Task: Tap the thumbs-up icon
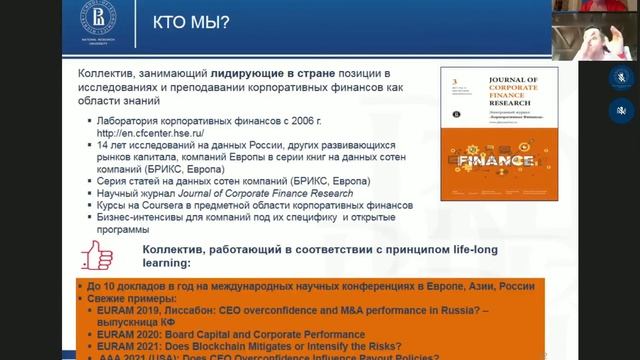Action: [x=98, y=256]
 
